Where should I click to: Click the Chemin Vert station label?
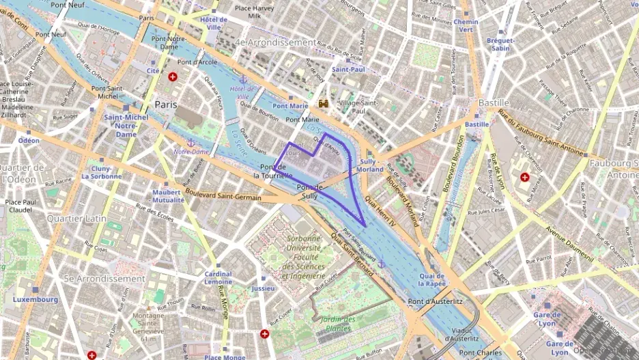pyautogui.click(x=466, y=26)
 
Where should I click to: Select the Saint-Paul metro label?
pyautogui.click(x=348, y=69)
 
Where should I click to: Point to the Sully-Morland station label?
pyautogui.click(x=370, y=165)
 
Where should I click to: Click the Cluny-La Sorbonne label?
pyautogui.click(x=102, y=171)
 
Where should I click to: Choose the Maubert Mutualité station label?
pyautogui.click(x=168, y=196)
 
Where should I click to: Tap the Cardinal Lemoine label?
pyautogui.click(x=218, y=277)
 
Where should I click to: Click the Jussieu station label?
pyautogui.click(x=263, y=288)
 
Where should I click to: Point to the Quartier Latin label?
pyautogui.click(x=76, y=218)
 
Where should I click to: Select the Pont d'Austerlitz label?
pyautogui.click(x=436, y=301)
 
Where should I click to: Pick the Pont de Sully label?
pyautogui.click(x=309, y=191)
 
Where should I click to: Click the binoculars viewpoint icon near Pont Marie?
pyautogui.click(x=324, y=102)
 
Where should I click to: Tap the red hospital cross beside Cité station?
pyautogui.click(x=172, y=77)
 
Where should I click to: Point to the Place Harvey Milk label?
pyautogui.click(x=253, y=12)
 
